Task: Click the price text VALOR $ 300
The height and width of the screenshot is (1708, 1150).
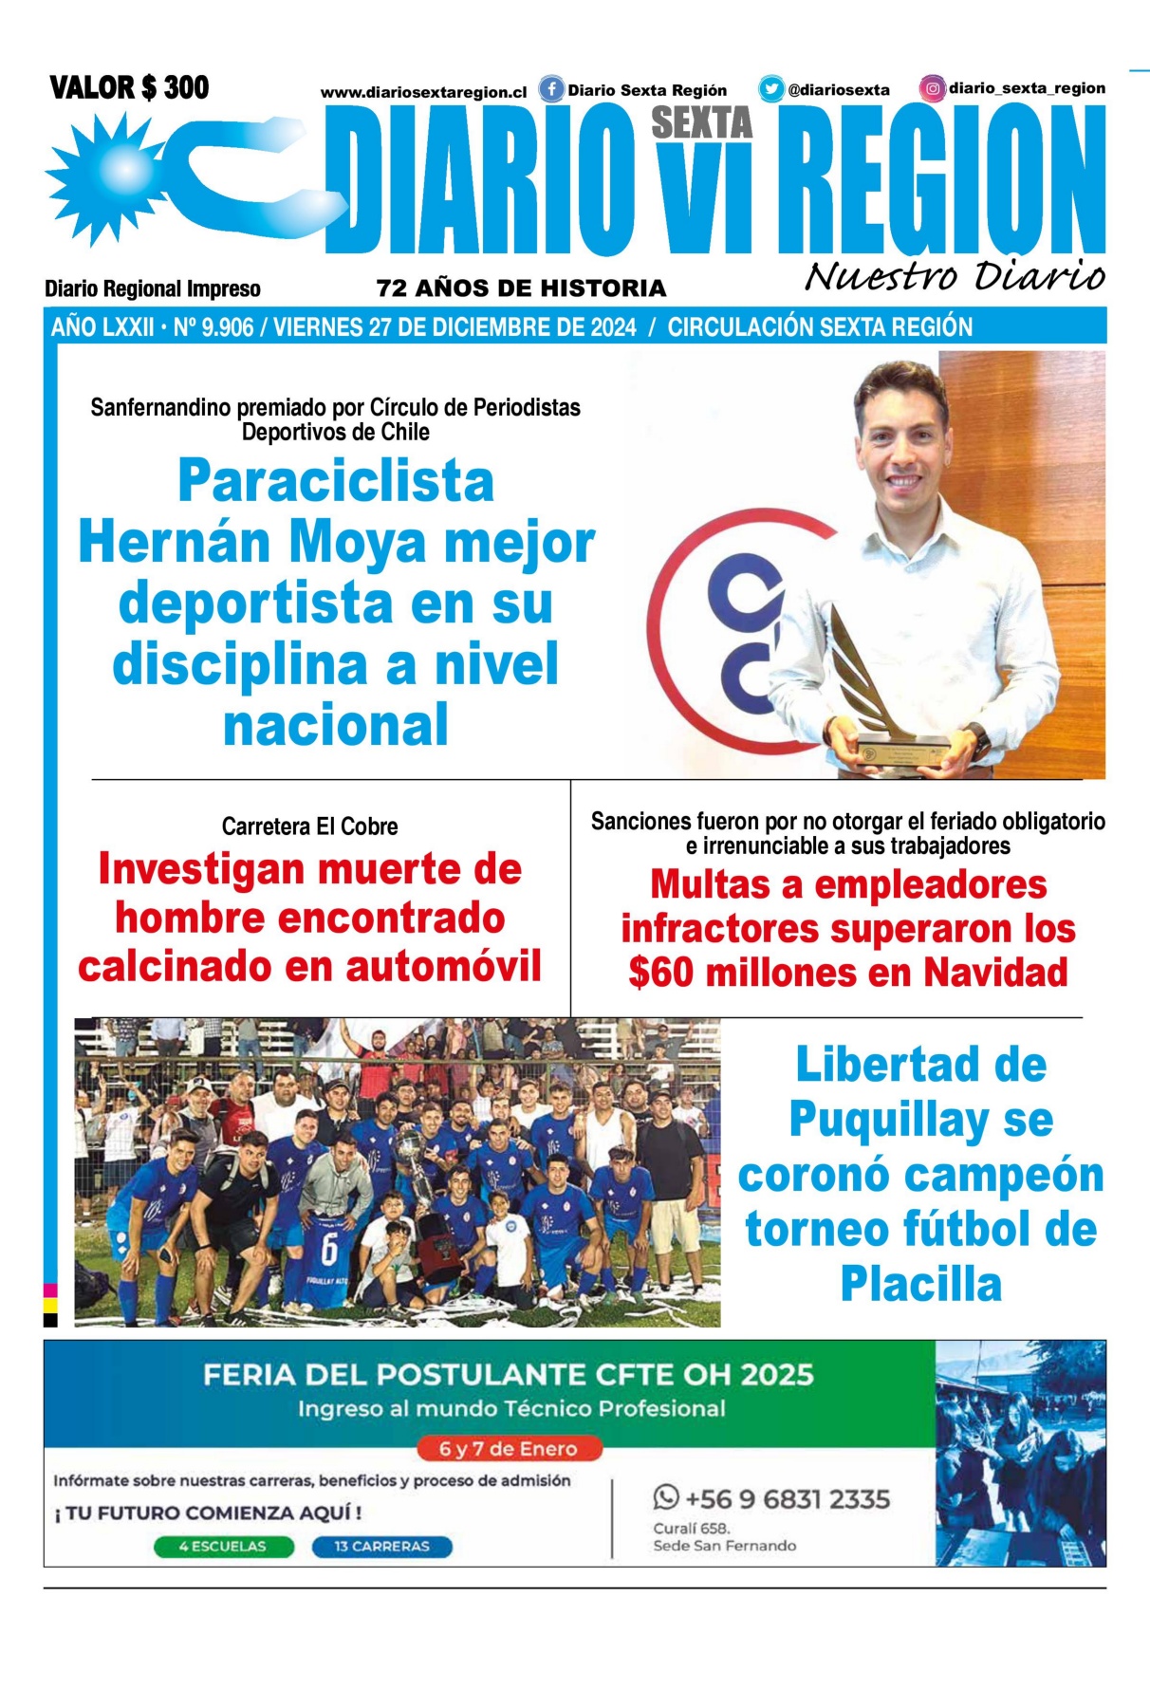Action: (129, 88)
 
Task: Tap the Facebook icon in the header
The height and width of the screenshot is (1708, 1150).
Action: (551, 89)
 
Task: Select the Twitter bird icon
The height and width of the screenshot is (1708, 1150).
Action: (770, 89)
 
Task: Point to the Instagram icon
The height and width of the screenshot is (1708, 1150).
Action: (933, 89)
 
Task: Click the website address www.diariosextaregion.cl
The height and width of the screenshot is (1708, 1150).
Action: (423, 93)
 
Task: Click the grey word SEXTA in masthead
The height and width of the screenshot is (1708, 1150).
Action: (701, 123)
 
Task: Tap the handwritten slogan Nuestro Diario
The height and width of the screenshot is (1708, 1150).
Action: (955, 276)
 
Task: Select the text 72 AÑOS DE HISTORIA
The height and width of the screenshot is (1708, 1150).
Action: (521, 288)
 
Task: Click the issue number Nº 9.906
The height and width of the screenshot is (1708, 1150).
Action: (213, 328)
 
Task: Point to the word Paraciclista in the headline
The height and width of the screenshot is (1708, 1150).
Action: (336, 481)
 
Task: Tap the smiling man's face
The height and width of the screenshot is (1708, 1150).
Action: (901, 447)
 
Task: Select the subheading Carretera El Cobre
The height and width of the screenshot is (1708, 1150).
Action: (309, 826)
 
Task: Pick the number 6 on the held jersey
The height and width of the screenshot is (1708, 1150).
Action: (328, 1251)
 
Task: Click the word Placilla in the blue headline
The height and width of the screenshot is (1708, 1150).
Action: (920, 1285)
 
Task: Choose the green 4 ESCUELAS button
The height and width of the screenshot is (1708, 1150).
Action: (223, 1547)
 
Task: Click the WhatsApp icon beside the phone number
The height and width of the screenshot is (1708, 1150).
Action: (666, 1498)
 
